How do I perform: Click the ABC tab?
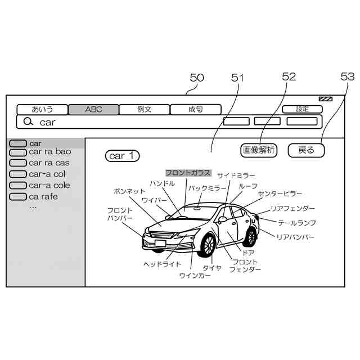click(x=93, y=110)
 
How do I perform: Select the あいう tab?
click(x=42, y=110)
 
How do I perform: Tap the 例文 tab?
click(x=145, y=110)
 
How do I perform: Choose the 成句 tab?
click(x=196, y=110)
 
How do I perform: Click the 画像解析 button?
click(x=259, y=150)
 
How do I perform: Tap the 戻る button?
click(x=307, y=150)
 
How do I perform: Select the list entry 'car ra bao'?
click(x=49, y=152)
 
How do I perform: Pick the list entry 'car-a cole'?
click(x=49, y=185)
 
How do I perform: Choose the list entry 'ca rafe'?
click(x=43, y=196)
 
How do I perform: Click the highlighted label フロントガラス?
click(x=188, y=173)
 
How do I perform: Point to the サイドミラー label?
click(x=236, y=176)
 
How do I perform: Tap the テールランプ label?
click(x=296, y=223)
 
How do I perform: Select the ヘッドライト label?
click(x=162, y=264)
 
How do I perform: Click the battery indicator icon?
click(x=325, y=100)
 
